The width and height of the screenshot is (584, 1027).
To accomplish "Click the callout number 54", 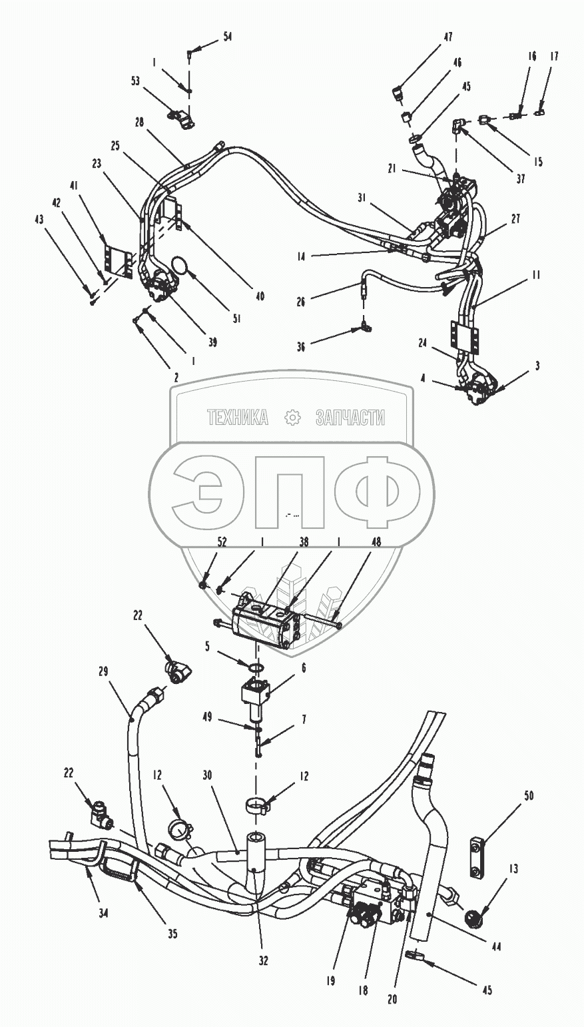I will point(227,37).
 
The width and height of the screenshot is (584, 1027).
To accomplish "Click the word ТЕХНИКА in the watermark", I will point(238,418).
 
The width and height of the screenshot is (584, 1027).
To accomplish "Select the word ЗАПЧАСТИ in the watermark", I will point(350,418).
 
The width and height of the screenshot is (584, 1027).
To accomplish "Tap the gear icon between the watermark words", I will point(292,418).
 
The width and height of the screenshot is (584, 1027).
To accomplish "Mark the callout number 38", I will point(304,543).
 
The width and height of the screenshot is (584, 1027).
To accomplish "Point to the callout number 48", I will point(376,543).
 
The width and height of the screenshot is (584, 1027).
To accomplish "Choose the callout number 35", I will point(172,934).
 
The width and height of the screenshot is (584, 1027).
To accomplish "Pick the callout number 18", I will point(363,990).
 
